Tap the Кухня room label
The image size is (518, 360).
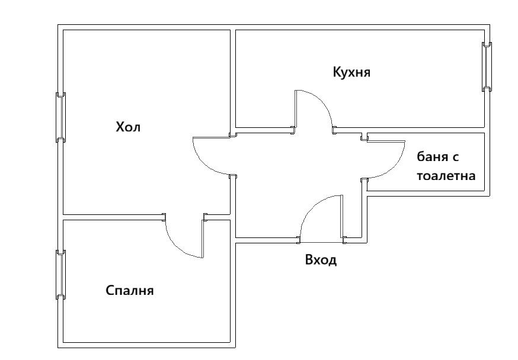pyautogui.click(x=351, y=72)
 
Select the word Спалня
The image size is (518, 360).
pyautogui.click(x=130, y=291)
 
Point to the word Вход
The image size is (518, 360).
pyautogui.click(x=321, y=261)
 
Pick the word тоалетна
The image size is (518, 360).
pyautogui.click(x=446, y=176)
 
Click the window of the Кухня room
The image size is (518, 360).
pyautogui.click(x=487, y=66)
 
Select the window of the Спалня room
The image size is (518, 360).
pyautogui.click(x=60, y=274)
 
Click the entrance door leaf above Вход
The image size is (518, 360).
pyautogui.click(x=341, y=217)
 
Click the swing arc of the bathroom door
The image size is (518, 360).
pyautogui.click(x=397, y=166)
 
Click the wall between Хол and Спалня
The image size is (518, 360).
pyautogui.click(x=113, y=217)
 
